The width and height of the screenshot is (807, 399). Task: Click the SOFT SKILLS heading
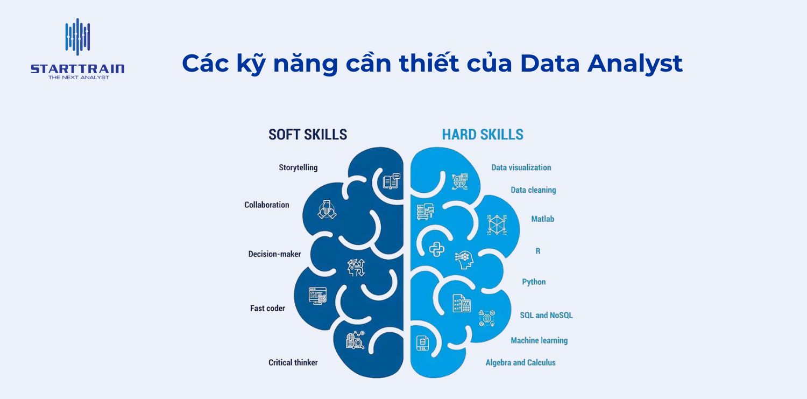point(308,134)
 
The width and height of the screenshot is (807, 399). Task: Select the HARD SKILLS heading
point(482,134)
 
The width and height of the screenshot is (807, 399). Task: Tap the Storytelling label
point(298,167)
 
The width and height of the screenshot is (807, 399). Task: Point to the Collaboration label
point(266,205)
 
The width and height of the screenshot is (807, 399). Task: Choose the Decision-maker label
point(274,254)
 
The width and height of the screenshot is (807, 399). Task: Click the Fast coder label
point(267,309)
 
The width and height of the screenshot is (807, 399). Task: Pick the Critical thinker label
point(293,362)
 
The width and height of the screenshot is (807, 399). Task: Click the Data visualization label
point(521,167)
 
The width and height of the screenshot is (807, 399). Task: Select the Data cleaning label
point(533,190)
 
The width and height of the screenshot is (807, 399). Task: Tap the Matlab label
point(542,219)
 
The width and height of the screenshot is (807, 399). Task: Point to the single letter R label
point(537,251)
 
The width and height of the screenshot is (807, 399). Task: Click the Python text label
point(534,282)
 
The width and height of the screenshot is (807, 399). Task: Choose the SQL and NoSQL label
point(546,315)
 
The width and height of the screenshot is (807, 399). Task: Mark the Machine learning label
point(539,340)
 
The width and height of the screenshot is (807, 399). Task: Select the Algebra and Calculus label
point(520,362)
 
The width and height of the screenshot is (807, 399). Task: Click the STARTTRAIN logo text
point(77,68)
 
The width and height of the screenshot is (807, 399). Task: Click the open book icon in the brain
point(391,181)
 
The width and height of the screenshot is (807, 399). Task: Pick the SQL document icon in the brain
point(422,343)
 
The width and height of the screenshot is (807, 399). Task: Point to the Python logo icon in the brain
point(436,249)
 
